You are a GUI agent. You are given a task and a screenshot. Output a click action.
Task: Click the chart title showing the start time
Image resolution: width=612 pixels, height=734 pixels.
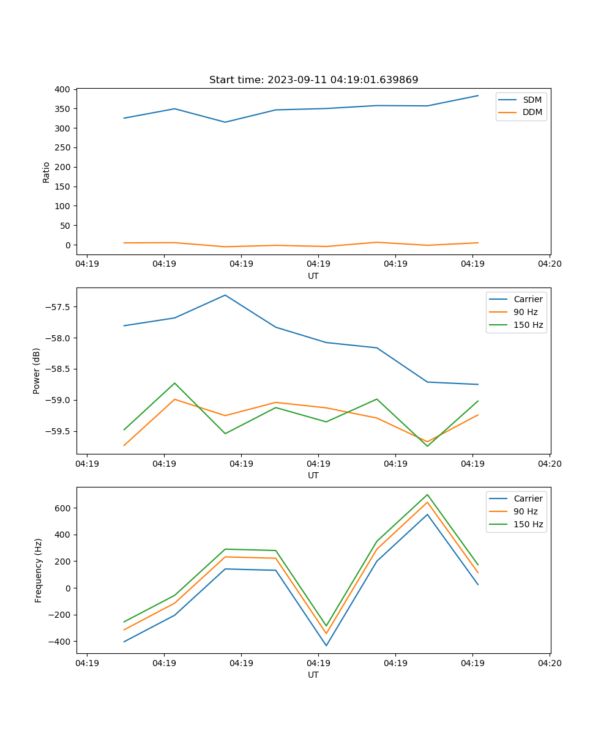coord(313,80)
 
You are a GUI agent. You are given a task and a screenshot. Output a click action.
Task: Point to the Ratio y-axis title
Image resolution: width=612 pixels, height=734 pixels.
coord(47,172)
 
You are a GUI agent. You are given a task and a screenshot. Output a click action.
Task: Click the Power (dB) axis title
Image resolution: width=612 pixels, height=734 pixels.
coord(37,371)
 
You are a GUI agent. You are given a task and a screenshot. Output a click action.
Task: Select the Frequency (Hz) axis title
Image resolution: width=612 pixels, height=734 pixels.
coord(39,570)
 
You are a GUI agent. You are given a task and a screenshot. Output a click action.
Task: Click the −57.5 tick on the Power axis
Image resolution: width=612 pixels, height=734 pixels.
coord(58,307)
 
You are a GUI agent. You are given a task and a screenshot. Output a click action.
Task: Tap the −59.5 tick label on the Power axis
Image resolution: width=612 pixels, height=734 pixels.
coord(58,431)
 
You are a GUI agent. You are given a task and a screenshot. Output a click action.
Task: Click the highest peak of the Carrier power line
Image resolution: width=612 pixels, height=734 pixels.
coord(225,295)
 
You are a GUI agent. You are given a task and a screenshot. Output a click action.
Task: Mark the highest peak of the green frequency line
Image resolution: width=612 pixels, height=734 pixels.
coord(427,495)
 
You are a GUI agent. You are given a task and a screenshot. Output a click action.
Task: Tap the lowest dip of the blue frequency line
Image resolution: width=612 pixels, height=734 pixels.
coord(326,645)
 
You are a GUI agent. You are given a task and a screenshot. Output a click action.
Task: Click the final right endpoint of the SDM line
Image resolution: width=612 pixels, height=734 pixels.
coord(478,95)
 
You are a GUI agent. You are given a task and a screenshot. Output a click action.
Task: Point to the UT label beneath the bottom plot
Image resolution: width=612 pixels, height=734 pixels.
coord(313,675)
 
